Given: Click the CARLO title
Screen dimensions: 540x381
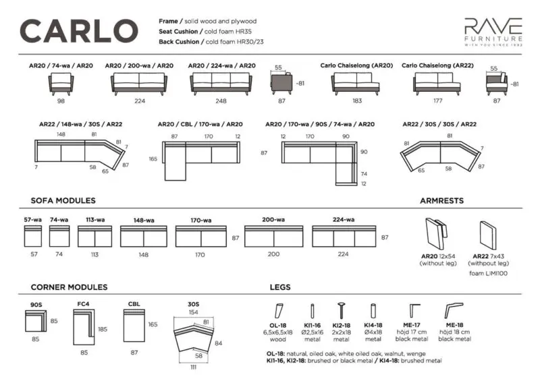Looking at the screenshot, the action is coord(79,31).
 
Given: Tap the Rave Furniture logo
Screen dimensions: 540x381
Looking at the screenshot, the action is coord(493,32).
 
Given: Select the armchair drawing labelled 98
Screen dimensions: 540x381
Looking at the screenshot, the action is coord(61,84).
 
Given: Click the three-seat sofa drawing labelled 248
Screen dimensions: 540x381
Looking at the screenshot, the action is coord(221,84).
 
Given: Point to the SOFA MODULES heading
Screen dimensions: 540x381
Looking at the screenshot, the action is coord(63,201).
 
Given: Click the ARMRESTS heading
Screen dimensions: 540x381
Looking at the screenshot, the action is coord(442,201).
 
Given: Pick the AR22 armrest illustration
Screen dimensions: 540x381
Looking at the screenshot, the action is coord(488,235).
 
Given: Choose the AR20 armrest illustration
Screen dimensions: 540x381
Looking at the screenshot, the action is coord(436,234).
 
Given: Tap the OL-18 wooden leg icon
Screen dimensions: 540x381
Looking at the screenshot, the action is coord(279,311).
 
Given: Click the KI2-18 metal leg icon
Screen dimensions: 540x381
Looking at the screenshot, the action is coord(342,310).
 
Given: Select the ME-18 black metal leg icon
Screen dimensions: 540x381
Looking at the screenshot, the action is coord(454,310).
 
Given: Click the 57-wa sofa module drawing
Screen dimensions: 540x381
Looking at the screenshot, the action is coord(33,236).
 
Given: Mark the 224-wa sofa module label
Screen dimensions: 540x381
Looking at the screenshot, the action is coord(344,220).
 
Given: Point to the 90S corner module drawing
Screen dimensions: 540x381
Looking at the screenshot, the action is coord(36,321).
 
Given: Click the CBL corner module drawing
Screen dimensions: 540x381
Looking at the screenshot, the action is coord(134,326).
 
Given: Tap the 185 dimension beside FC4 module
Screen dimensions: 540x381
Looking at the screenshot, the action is coord(103,329).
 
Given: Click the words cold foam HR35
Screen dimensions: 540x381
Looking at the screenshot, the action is coord(228,31).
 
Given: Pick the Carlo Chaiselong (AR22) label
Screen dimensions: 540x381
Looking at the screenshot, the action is coord(437,65).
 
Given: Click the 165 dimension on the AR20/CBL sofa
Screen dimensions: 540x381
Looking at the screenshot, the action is coord(153,159).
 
